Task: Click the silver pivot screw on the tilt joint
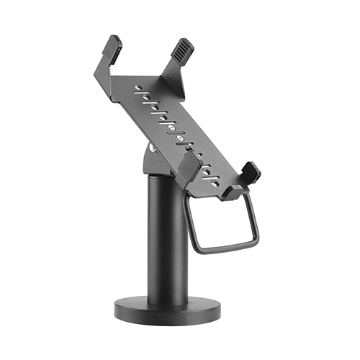151,149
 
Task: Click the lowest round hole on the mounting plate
214,184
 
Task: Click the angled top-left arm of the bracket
105,68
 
